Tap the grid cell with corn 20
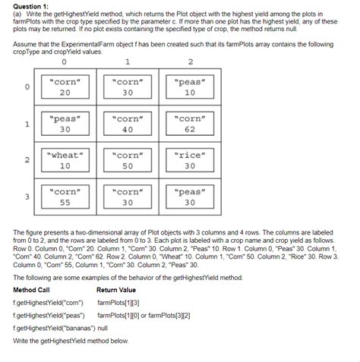(65, 87)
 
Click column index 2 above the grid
(190, 62)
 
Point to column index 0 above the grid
(65, 62)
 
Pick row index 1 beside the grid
(27, 124)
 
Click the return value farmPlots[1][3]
(120, 303)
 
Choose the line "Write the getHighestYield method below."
(71, 342)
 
